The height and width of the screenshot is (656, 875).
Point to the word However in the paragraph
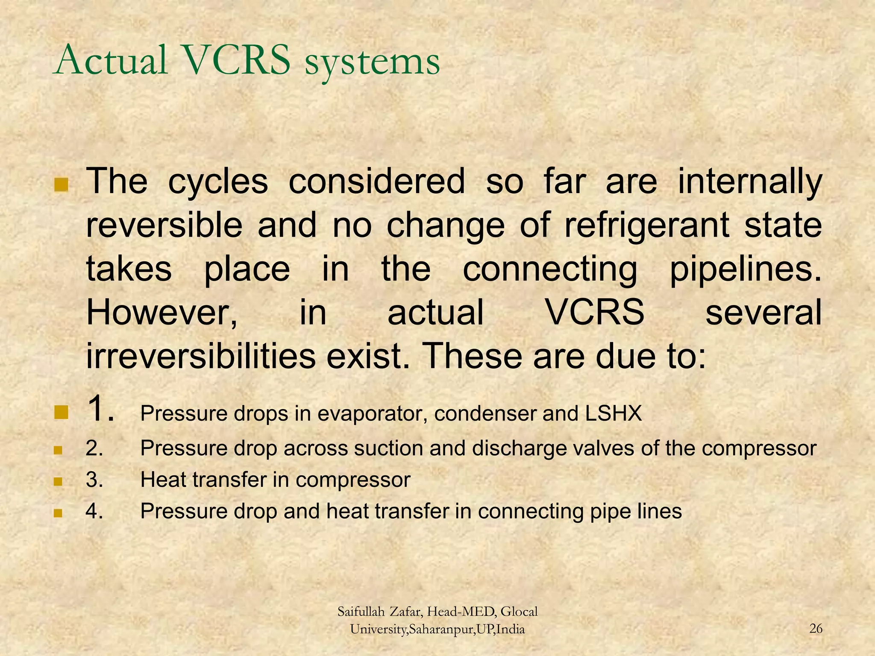[161, 313]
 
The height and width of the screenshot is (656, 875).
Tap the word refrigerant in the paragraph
[646, 226]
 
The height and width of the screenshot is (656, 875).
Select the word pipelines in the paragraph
[745, 270]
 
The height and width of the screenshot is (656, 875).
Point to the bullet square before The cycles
[61, 185]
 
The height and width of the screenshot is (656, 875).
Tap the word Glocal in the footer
[519, 612]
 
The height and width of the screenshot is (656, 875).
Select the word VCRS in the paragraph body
[595, 313]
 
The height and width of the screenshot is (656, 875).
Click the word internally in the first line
[750, 182]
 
